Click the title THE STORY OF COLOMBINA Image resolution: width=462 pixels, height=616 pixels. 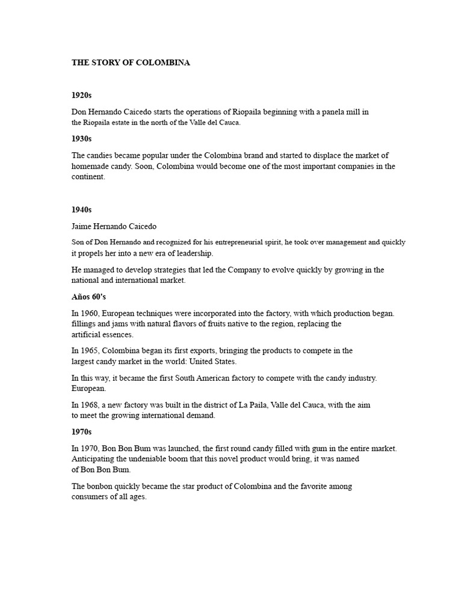click(x=131, y=63)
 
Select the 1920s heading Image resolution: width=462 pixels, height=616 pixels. click(x=81, y=96)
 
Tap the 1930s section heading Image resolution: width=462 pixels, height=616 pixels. click(x=81, y=139)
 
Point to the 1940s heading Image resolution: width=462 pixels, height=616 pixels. click(x=81, y=210)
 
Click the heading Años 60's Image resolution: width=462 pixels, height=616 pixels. click(x=88, y=297)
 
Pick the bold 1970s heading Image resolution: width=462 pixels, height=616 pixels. click(x=81, y=433)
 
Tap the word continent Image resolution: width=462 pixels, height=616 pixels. click(x=88, y=177)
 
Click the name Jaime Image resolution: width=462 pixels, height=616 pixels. click(x=82, y=227)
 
